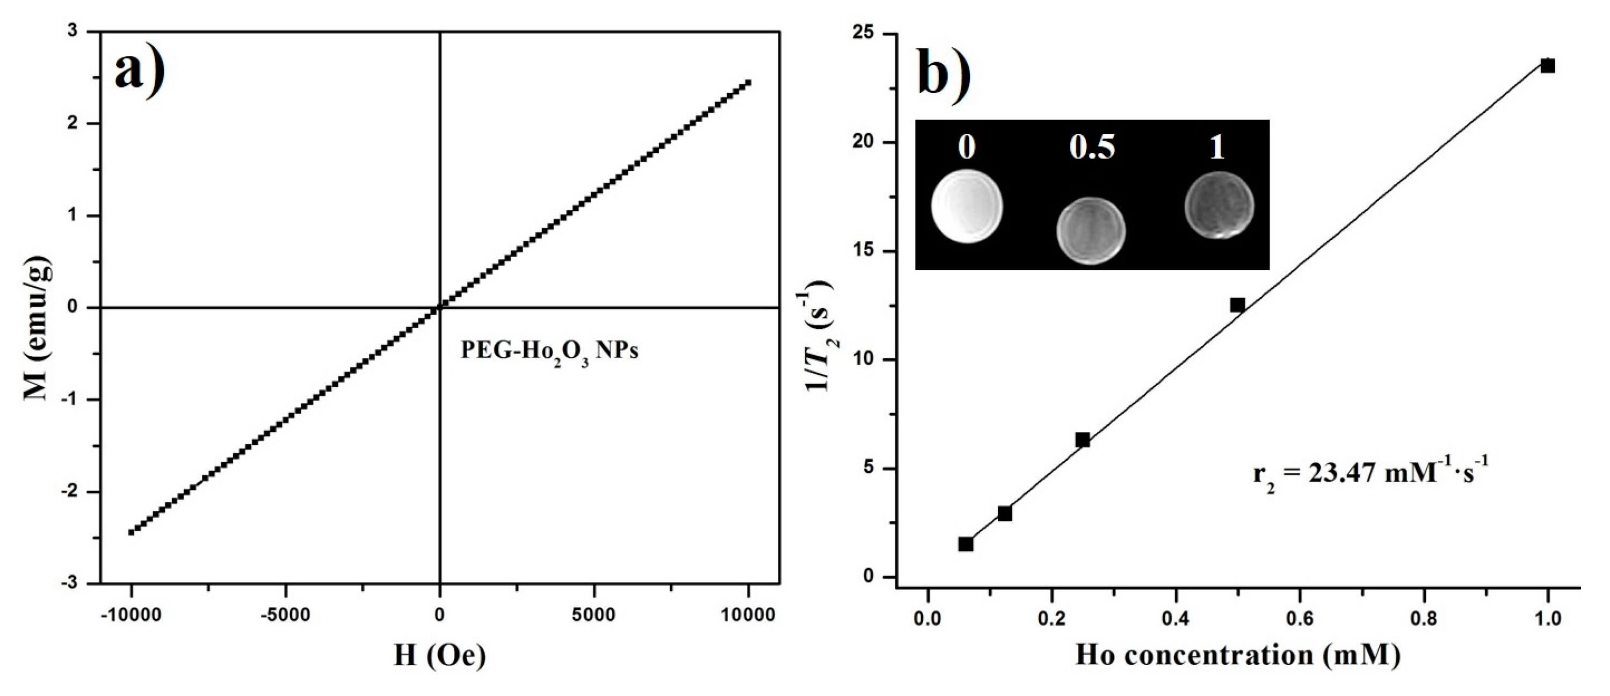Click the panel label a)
pyautogui.click(x=140, y=73)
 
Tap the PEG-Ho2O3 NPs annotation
pyautogui.click(x=549, y=351)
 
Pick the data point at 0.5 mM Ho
pyautogui.click(x=1237, y=305)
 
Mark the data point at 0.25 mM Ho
pyautogui.click(x=1083, y=440)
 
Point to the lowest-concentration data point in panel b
pyautogui.click(x=966, y=544)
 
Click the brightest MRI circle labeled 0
pyautogui.click(x=967, y=207)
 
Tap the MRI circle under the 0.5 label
pyautogui.click(x=1091, y=230)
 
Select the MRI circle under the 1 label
pyautogui.click(x=1220, y=205)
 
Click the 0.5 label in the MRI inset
pyautogui.click(x=1092, y=148)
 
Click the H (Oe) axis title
pyautogui.click(x=439, y=655)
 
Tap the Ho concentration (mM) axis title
pyautogui.click(x=1237, y=655)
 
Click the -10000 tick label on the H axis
pyautogui.click(x=130, y=615)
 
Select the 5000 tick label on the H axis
pyautogui.click(x=594, y=615)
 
